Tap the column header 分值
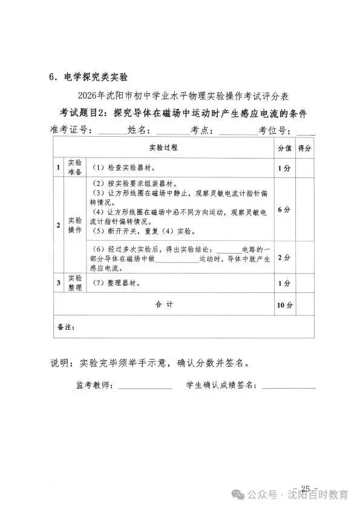point(284,148)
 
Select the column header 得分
point(304,148)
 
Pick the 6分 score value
point(284,209)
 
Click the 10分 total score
point(284,305)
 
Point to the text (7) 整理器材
point(116,283)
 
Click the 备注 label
point(65,327)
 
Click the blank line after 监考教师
point(145,386)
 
